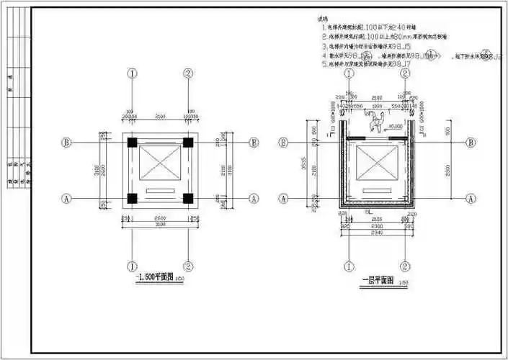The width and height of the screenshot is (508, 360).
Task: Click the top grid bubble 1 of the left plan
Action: pos(133,73)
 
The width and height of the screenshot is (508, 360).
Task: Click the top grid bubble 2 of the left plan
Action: pos(187,73)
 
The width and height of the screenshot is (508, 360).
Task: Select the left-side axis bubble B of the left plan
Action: pos(67,143)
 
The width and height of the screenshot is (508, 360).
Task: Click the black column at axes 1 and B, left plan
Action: pos(133,143)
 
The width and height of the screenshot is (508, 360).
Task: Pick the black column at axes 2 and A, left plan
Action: pos(187,198)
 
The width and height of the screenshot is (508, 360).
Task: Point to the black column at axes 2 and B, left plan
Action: pos(187,143)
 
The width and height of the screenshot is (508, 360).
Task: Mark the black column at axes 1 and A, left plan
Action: pos(133,198)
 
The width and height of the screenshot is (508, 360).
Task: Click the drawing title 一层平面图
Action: pos(377,279)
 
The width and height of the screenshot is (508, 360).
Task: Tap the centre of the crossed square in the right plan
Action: pos(378,162)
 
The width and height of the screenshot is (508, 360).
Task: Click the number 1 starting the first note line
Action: pos(324,27)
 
